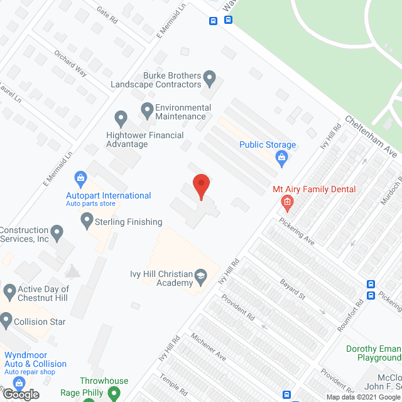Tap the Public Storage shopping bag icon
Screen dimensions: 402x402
[281, 158]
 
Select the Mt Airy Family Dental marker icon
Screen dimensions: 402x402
[286, 202]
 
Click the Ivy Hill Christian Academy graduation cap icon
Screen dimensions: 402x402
[200, 276]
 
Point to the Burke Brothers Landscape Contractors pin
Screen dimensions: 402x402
[210, 78]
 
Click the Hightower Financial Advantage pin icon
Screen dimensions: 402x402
[121, 117]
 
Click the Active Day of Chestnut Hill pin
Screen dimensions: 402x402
[9, 291]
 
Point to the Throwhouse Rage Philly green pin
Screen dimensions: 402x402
[114, 393]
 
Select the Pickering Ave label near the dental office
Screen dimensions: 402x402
[296, 232]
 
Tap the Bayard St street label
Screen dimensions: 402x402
[293, 290]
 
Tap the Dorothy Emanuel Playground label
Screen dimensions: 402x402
[374, 353]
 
